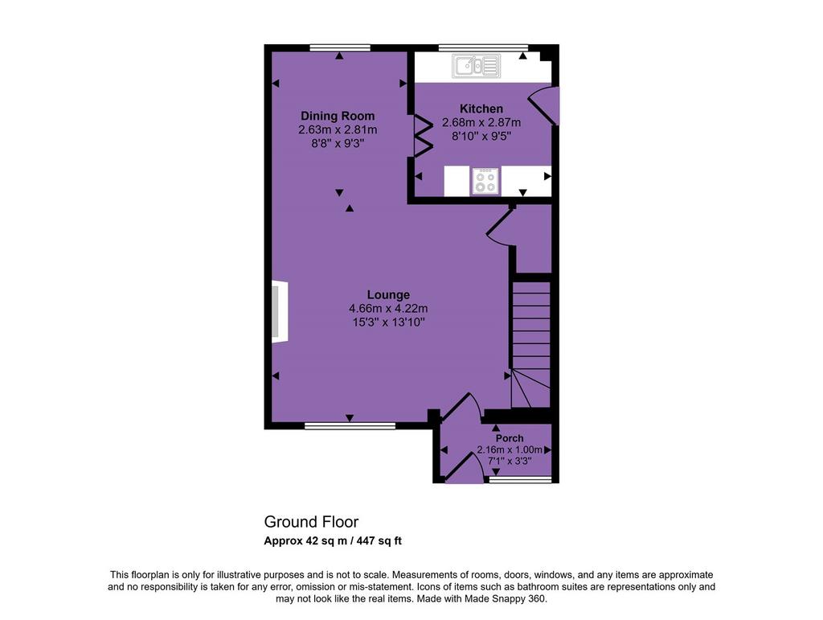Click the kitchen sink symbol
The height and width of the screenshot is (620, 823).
[476, 66]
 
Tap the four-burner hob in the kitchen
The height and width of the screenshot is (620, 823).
[485, 181]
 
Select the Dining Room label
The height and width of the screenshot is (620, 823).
[338, 116]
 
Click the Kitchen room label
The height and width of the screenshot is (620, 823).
[481, 109]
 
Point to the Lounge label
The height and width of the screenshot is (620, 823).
[388, 294]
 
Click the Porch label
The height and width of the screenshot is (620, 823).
[510, 437]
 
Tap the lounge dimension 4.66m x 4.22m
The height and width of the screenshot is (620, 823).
[388, 308]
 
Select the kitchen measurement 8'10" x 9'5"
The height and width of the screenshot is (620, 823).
[481, 136]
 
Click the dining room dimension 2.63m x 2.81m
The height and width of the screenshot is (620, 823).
[338, 129]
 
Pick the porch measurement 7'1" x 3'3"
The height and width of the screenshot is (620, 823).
[510, 461]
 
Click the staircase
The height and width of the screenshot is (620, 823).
[530, 344]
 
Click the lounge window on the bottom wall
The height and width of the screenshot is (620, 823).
[350, 425]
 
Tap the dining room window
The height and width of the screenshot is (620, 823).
[340, 47]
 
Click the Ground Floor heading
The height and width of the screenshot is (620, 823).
[311, 522]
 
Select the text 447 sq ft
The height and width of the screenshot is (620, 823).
[379, 540]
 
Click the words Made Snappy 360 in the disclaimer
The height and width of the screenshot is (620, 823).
[505, 598]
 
